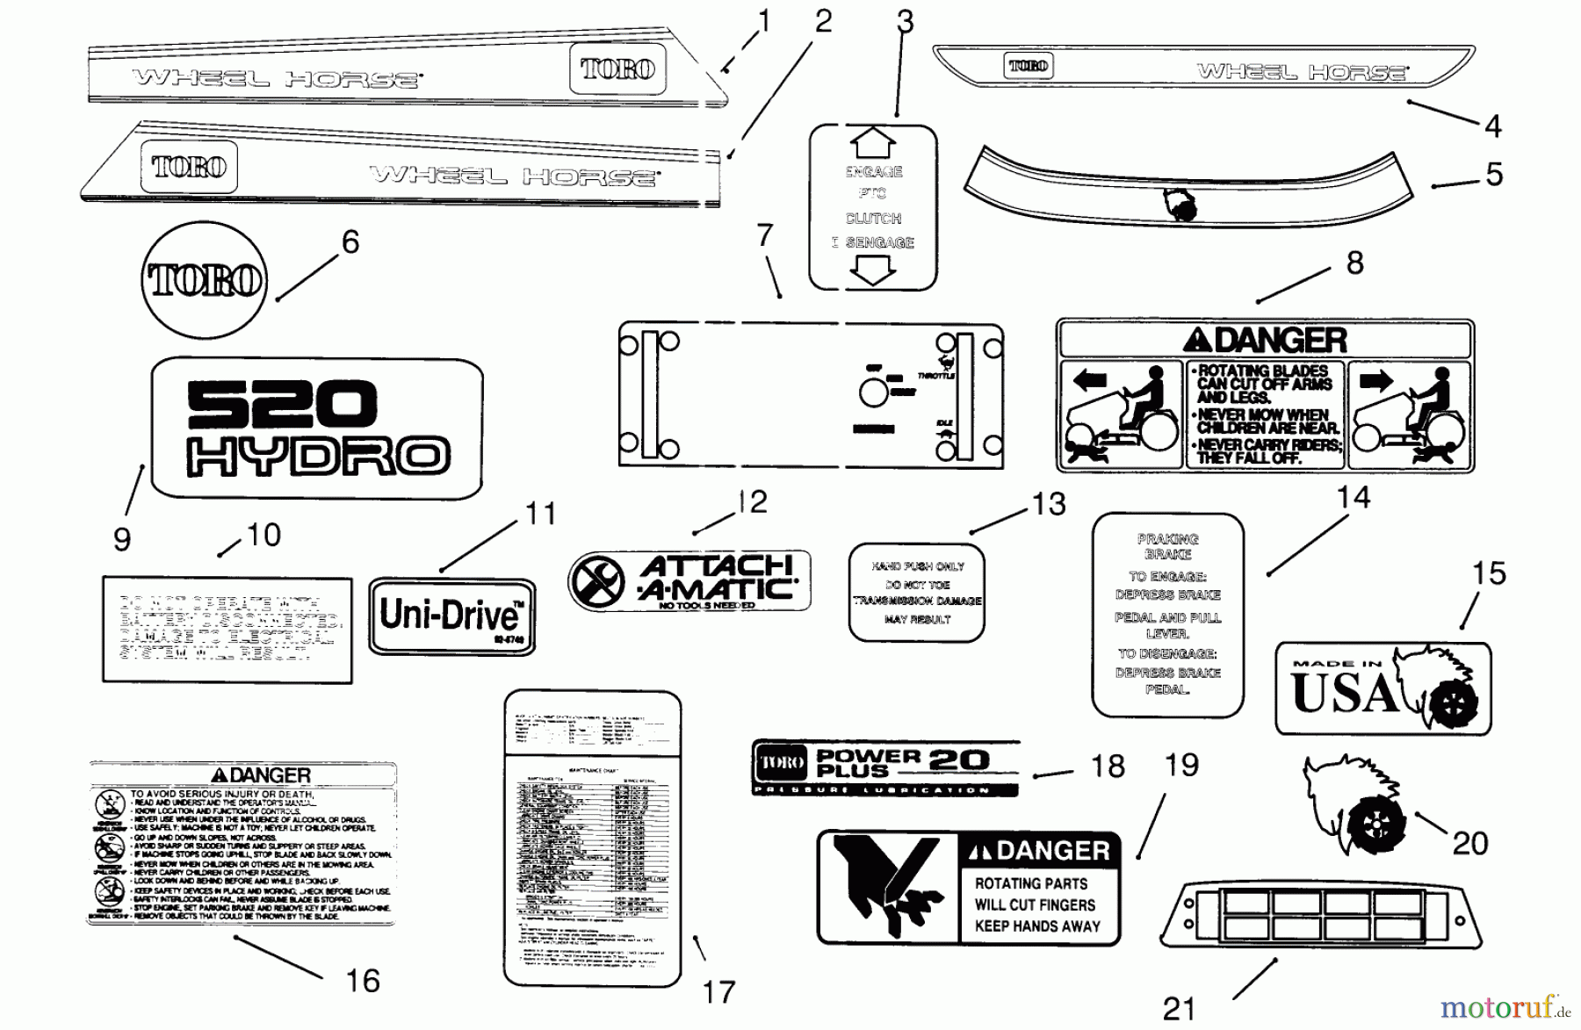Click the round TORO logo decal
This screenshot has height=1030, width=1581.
point(204,280)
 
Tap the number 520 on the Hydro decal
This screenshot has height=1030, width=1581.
point(282,403)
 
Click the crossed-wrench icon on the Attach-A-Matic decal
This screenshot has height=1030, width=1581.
point(596,580)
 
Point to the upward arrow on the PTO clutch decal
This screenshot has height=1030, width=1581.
point(873,142)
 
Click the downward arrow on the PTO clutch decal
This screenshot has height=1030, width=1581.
point(873,270)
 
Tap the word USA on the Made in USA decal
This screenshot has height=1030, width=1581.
point(1344,694)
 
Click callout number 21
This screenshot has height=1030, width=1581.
point(1179,1010)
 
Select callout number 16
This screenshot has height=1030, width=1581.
point(362,981)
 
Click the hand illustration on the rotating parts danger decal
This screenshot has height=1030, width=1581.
point(887,887)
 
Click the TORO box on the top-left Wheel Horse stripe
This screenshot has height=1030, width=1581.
point(618,68)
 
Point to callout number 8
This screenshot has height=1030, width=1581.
point(1355,263)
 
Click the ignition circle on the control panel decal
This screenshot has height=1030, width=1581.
point(874,393)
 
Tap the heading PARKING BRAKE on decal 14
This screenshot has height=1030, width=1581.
point(1167,546)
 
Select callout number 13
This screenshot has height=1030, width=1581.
point(1049,504)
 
